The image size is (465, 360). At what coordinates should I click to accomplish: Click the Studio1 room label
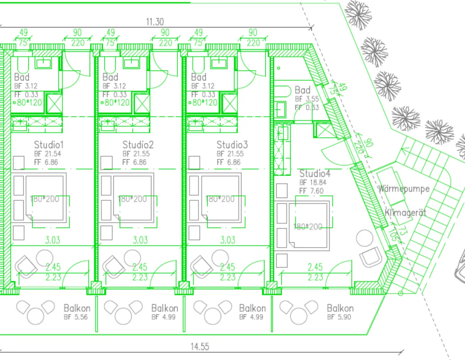tap(49, 145)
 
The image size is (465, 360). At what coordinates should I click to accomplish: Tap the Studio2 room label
tap(138, 145)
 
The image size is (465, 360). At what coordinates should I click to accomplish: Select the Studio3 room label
tap(232, 145)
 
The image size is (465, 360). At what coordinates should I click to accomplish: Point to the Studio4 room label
tap(315, 174)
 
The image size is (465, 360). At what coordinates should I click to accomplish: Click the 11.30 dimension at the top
tap(155, 22)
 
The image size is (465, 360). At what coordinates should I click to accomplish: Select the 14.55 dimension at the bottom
tap(200, 347)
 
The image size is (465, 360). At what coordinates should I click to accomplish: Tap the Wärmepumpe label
tap(404, 188)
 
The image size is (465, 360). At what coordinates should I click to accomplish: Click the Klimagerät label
tap(405, 213)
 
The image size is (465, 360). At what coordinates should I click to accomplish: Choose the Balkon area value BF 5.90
tap(339, 317)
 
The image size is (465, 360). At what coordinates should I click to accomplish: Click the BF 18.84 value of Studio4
tap(313, 183)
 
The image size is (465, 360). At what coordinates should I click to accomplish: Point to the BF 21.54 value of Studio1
tap(47, 154)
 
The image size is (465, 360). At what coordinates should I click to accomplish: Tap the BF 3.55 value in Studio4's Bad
tap(306, 99)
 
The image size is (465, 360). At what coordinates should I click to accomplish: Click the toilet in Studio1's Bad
tap(23, 65)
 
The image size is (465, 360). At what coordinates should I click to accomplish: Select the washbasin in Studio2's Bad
tap(131, 63)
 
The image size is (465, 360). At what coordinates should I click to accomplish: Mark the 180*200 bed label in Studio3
tap(220, 199)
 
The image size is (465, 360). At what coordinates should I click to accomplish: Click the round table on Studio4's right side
tap(365, 238)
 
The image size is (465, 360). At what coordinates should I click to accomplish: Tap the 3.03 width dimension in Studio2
tap(140, 240)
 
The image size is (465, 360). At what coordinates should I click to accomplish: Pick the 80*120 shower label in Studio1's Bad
tap(29, 103)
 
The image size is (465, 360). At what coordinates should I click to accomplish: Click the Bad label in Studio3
tap(198, 77)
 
